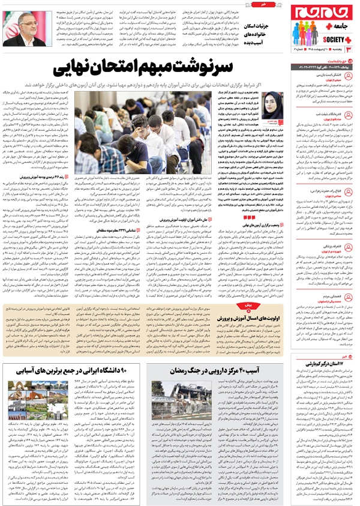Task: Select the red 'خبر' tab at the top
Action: click(180, 2)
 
